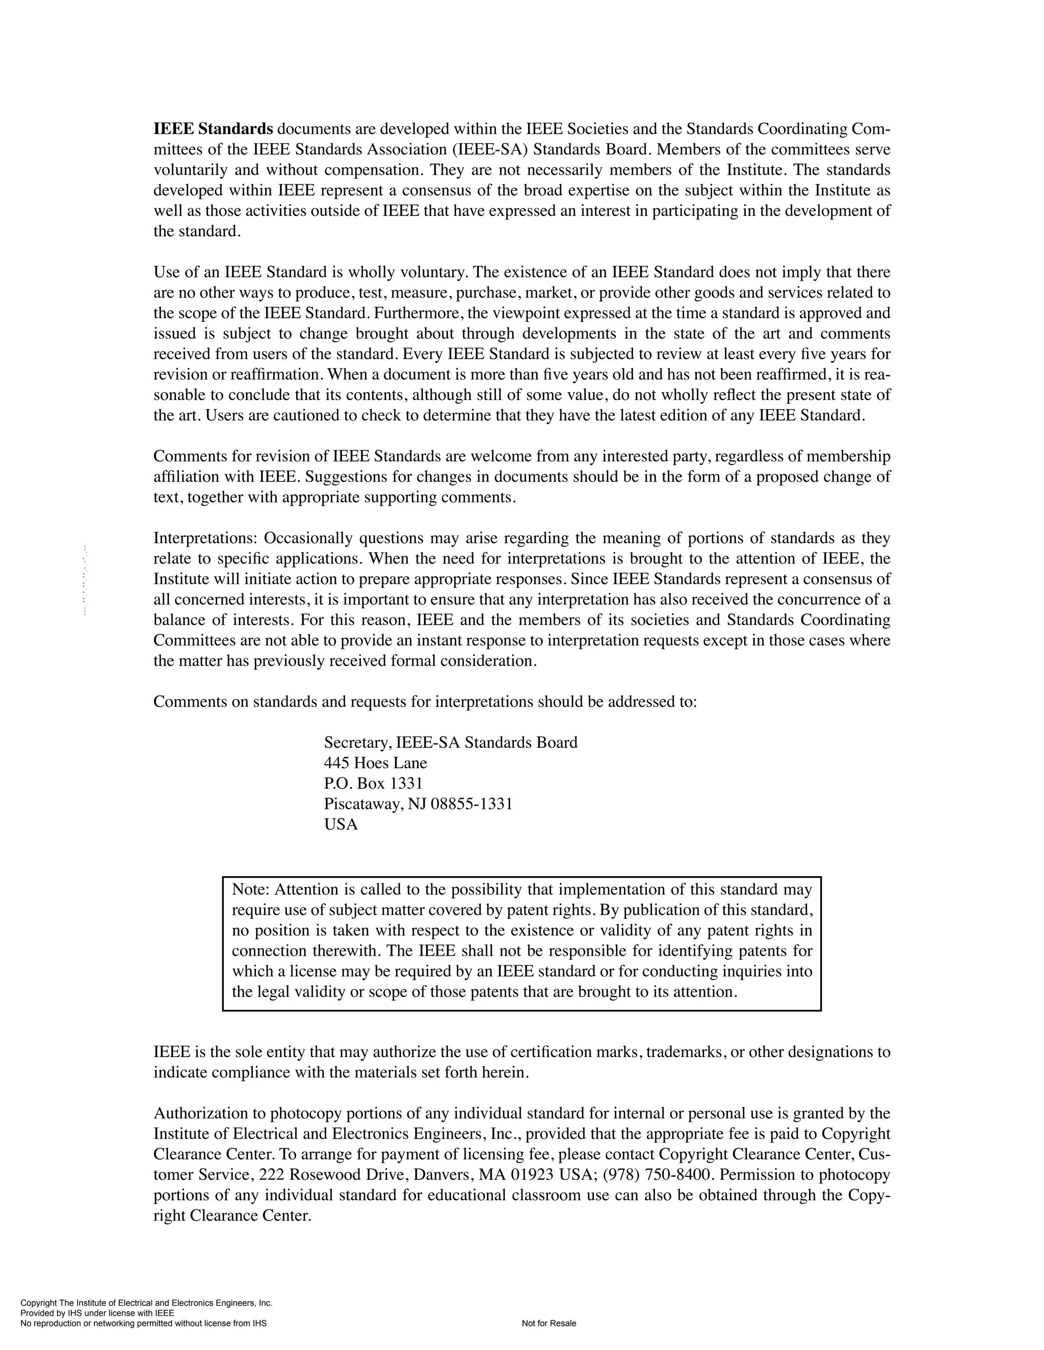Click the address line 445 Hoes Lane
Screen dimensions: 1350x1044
pos(375,763)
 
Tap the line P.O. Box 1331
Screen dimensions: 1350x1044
pos(373,783)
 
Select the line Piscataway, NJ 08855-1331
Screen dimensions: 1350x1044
pos(418,803)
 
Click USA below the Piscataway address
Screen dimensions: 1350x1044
pos(341,824)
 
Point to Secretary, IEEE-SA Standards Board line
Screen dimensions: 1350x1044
pos(450,742)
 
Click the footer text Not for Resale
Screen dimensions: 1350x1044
pos(549,1324)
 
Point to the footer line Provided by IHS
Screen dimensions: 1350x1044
pos(97,1313)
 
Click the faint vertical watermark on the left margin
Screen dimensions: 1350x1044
pos(85,580)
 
